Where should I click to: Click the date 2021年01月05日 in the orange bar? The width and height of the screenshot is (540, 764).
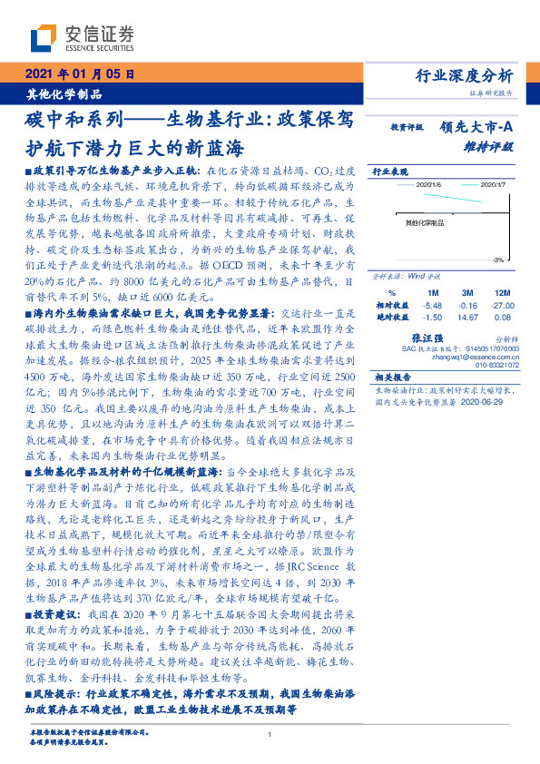tap(80, 73)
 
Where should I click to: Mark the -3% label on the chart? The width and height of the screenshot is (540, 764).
tap(498, 260)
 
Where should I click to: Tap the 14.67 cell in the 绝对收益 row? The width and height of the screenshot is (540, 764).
tap(468, 318)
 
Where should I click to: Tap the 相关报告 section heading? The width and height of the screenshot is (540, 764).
tap(392, 377)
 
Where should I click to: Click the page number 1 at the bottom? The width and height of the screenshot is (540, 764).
tap(270, 735)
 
